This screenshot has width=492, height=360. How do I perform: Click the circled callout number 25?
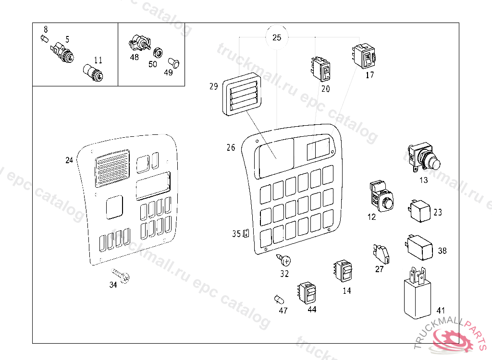[x=277, y=38]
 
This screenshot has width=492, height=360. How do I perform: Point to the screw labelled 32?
[x=284, y=261]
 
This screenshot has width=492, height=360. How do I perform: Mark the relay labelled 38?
[x=420, y=245]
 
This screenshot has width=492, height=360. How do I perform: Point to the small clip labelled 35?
[x=246, y=234]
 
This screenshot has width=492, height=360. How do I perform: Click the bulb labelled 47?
[x=279, y=300]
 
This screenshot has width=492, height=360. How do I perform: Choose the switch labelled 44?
[x=307, y=292]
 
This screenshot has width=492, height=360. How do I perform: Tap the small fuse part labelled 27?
[x=382, y=253]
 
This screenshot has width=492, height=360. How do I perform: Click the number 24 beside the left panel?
[x=69, y=160]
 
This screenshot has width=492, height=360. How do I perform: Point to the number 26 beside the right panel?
[x=231, y=147]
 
